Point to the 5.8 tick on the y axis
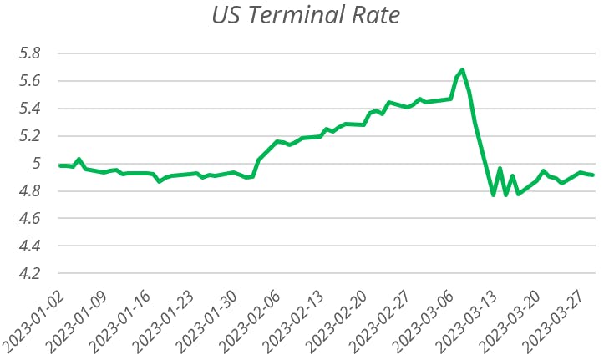click(30, 53)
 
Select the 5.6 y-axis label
click(30, 81)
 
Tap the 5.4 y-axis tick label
click(30, 109)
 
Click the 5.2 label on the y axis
click(30, 136)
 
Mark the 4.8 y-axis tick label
click(30, 191)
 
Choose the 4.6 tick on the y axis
click(30, 219)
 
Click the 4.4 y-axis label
click(30, 246)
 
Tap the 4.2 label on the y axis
click(30, 274)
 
